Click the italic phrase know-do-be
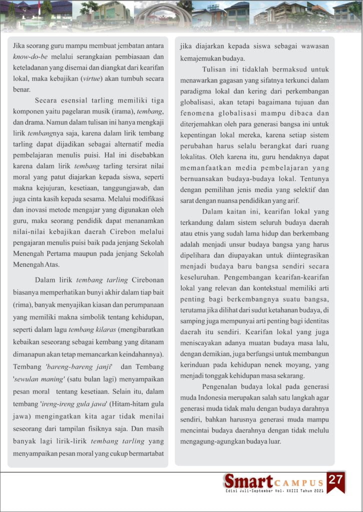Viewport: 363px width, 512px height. pyautogui.click(x=33, y=57)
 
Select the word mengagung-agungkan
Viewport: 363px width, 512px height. pyautogui.click(x=219, y=441)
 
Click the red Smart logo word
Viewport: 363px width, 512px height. pyautogui.click(x=247, y=482)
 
